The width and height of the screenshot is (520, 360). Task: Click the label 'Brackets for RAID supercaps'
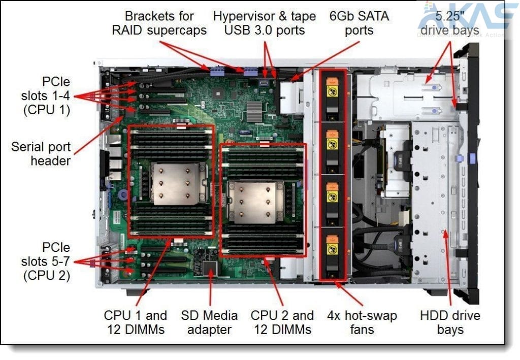click(159, 23)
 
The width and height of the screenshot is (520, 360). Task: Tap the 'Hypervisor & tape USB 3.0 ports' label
click(264, 23)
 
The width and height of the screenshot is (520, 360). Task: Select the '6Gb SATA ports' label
click(359, 23)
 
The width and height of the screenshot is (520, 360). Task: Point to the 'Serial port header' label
click(41, 154)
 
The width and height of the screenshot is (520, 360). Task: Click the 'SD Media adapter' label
click(209, 322)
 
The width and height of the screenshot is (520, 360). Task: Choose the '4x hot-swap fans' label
click(362, 322)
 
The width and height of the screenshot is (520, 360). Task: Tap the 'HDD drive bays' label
click(450, 322)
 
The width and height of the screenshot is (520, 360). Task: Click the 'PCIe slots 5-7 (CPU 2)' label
click(46, 261)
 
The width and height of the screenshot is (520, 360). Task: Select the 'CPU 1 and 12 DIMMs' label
click(135, 322)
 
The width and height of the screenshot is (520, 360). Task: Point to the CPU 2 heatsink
click(255, 202)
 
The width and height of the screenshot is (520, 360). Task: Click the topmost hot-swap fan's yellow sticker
click(332, 91)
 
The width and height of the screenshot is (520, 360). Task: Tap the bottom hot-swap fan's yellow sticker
click(332, 250)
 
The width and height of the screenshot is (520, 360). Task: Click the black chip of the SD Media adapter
click(210, 268)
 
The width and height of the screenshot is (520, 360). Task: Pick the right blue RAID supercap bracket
click(250, 71)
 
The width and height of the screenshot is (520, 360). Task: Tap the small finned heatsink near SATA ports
click(254, 111)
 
